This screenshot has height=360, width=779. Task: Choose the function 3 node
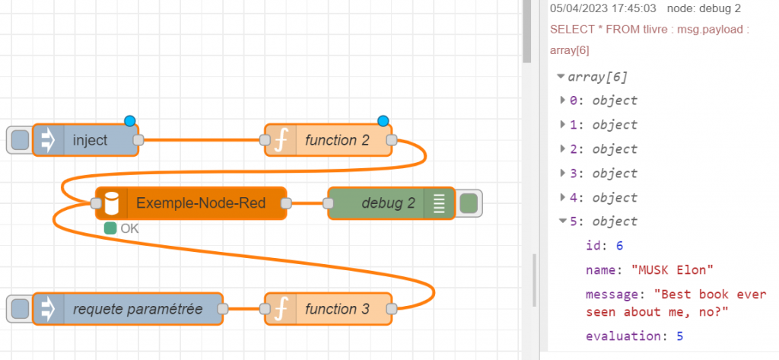[x=336, y=309]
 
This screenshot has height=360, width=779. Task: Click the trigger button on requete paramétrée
[x=20, y=309]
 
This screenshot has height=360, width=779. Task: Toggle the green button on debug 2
[x=469, y=203]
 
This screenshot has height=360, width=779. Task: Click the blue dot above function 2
[x=383, y=120]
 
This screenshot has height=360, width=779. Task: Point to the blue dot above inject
[x=129, y=120]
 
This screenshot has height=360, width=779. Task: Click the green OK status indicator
[x=110, y=228]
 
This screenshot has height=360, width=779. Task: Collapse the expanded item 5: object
[x=563, y=221]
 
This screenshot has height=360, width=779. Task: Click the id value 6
[x=619, y=246]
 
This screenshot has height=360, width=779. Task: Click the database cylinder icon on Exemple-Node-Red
[x=112, y=203]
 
